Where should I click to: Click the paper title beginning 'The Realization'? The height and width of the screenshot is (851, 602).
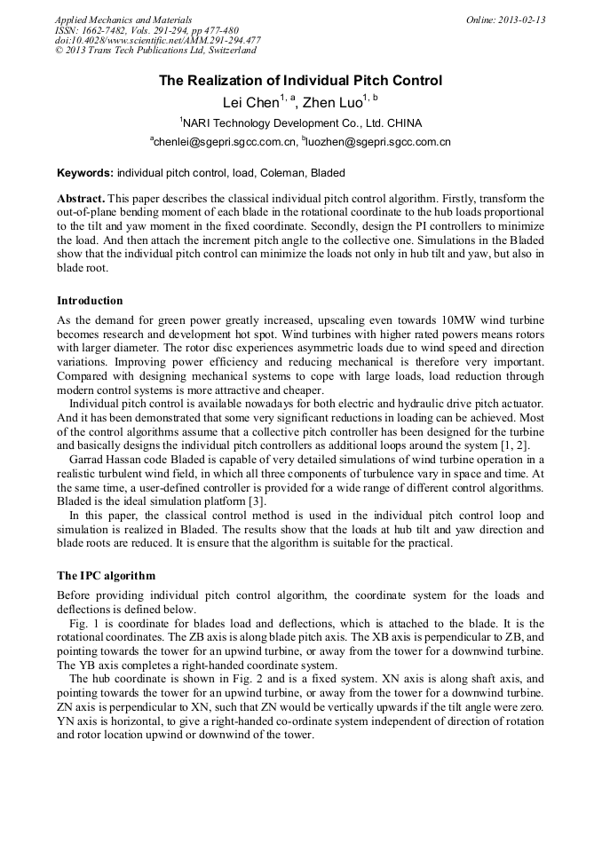(x=300, y=81)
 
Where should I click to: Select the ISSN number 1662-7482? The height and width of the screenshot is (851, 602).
(x=108, y=30)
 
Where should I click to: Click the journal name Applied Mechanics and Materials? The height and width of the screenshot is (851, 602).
(x=123, y=20)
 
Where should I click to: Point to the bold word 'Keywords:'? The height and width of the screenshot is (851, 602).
(x=85, y=173)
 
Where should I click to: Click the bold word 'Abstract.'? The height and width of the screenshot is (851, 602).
(x=82, y=198)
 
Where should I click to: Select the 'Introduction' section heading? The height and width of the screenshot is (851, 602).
(x=90, y=301)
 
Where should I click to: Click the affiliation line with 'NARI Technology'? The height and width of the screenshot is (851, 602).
(x=300, y=122)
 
